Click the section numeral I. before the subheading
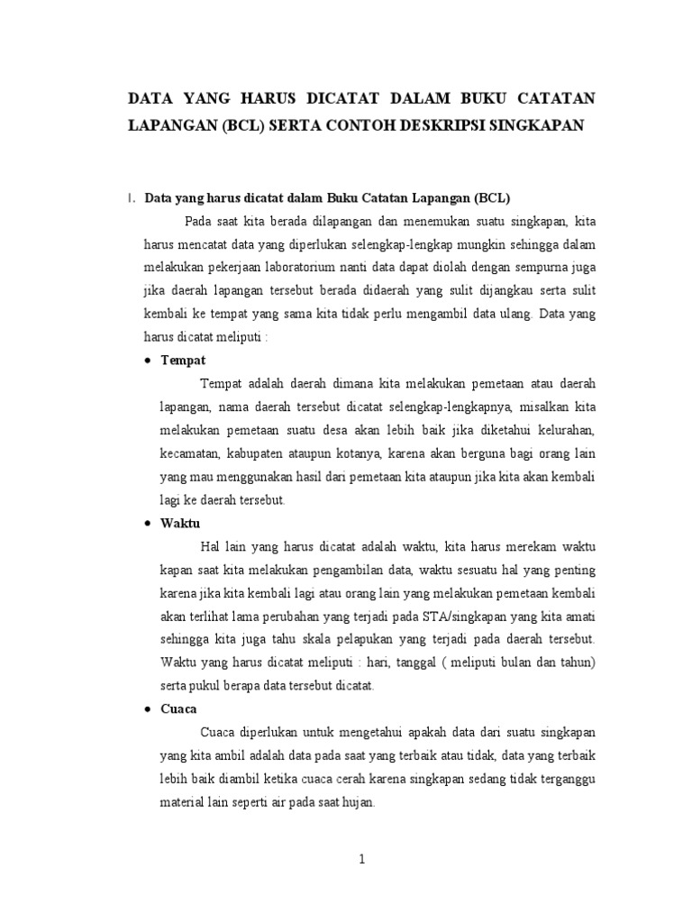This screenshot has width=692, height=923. click(132, 197)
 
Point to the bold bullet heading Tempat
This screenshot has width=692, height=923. click(183, 360)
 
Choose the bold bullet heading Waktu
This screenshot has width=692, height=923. click(180, 523)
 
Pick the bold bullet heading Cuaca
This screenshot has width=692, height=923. click(178, 708)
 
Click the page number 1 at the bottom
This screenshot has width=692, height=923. click(361, 859)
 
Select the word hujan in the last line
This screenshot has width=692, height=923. click(363, 801)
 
